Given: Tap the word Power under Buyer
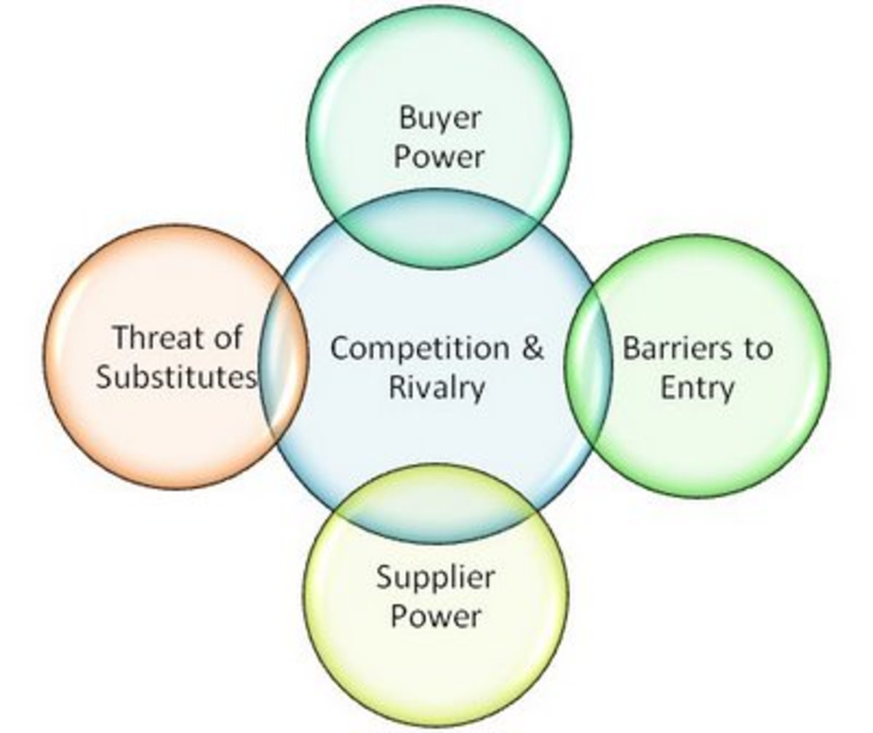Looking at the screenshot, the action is tap(439, 157).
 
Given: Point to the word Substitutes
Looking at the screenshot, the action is tap(177, 377).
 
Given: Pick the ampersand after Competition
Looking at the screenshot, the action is tap(533, 348).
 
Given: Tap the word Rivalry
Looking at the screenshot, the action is tap(436, 387).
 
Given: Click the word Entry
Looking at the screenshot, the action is tap(696, 387).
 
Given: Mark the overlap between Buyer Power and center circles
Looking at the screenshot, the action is tap(439, 233).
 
